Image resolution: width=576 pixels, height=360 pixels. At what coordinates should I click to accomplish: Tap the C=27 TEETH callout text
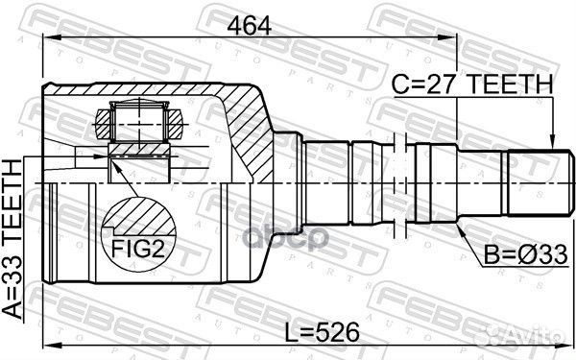point(472,85)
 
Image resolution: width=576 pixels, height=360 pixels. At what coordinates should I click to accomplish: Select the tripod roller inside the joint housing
point(140,125)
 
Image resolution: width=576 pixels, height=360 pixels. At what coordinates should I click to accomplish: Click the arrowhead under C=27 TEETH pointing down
point(553,144)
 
